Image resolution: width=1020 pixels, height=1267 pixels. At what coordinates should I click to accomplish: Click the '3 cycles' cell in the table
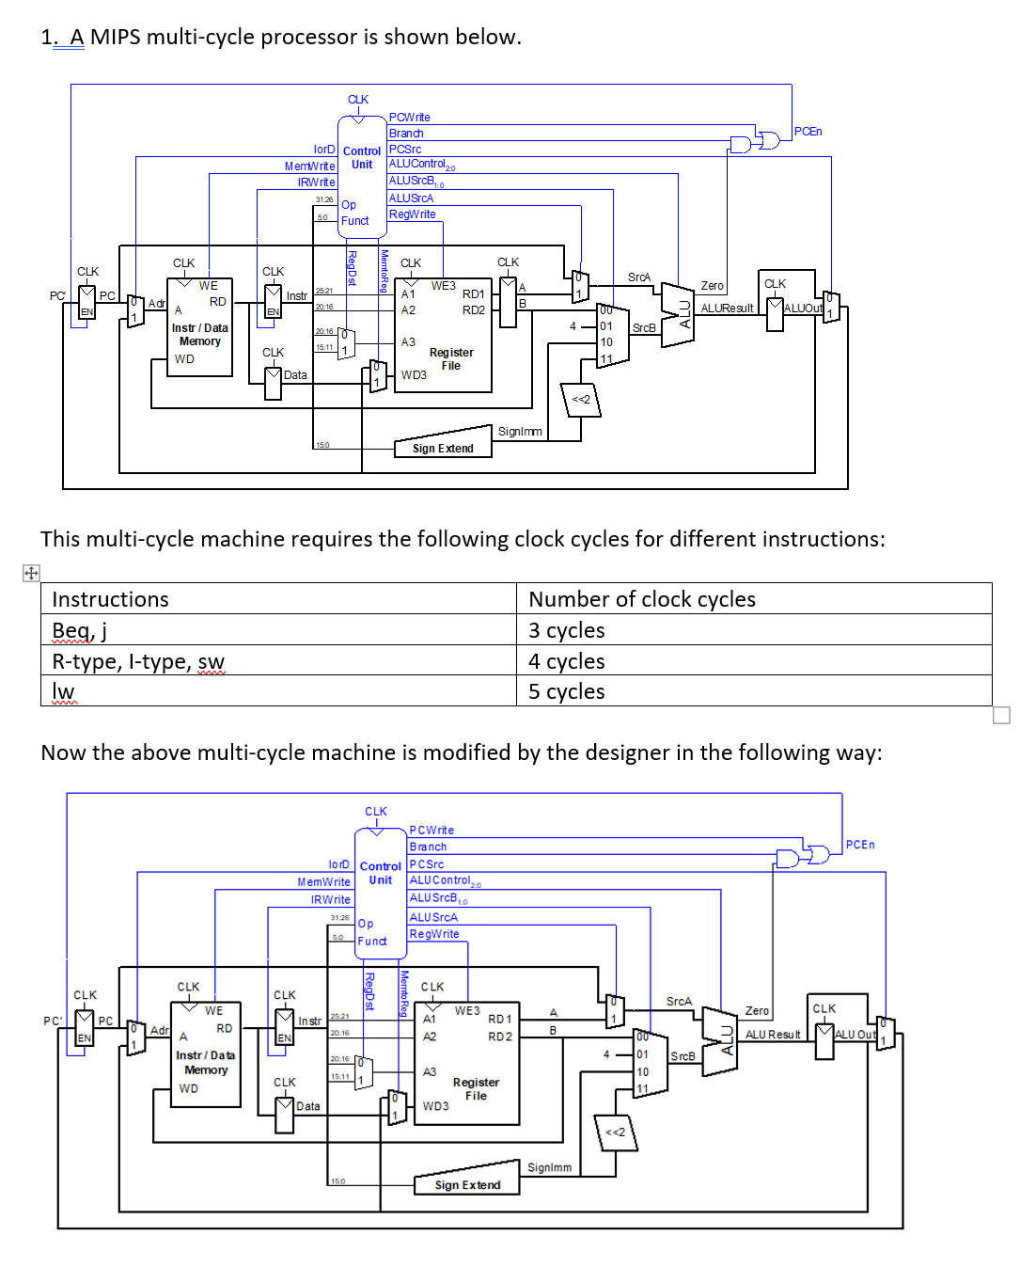click(x=566, y=630)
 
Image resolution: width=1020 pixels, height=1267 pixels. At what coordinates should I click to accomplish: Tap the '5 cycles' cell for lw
click(x=566, y=691)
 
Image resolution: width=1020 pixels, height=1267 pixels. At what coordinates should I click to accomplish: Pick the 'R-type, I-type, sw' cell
click(x=138, y=661)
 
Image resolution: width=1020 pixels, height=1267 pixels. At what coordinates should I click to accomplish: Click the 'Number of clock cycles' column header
click(x=642, y=599)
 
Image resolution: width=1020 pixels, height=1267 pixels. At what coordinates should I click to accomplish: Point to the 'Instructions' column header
click(x=110, y=599)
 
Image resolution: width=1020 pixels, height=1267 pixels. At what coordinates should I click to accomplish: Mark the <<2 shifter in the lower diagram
click(x=616, y=1132)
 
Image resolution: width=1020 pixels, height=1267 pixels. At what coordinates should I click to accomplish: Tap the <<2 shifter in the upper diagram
click(x=581, y=400)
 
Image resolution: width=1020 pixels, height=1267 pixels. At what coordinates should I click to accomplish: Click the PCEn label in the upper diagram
click(x=808, y=132)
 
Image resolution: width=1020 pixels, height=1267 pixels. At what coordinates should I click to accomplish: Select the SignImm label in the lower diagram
click(x=549, y=1167)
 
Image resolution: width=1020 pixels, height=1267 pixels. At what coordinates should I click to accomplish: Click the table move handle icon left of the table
click(x=31, y=573)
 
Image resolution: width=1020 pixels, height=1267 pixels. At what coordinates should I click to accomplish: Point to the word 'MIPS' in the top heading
click(x=120, y=37)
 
